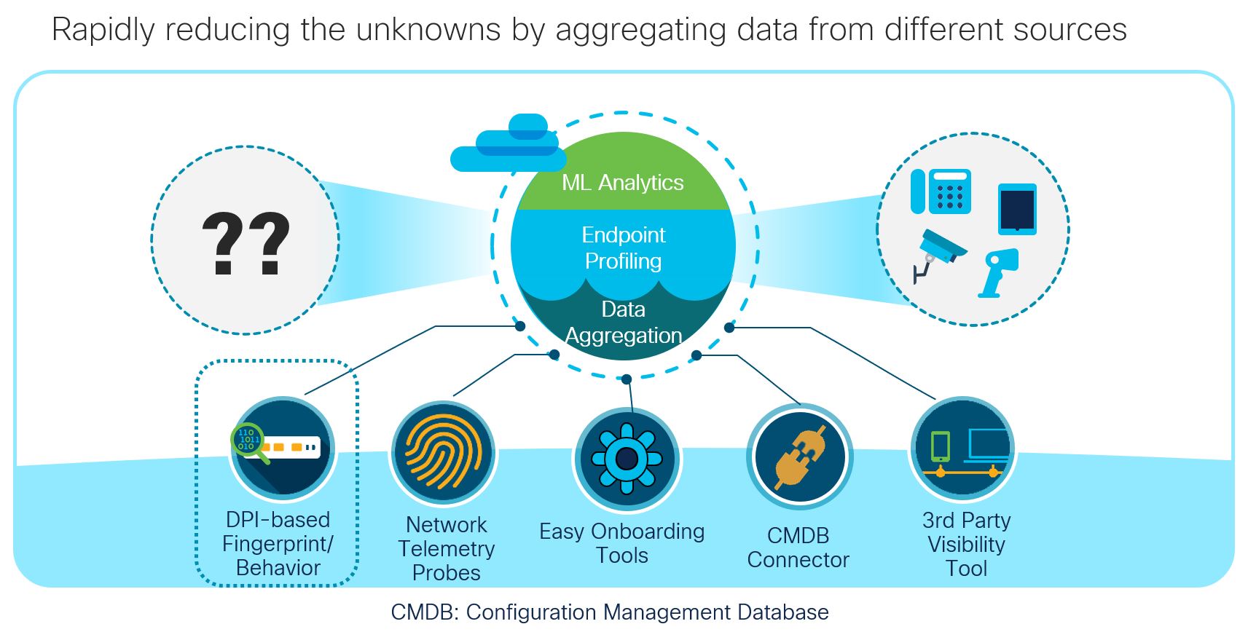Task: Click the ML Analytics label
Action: pyautogui.click(x=622, y=183)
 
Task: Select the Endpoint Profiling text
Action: pyautogui.click(x=623, y=248)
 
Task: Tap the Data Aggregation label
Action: pyautogui.click(x=623, y=323)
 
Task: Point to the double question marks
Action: pyautogui.click(x=246, y=243)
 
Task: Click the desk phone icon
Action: pyautogui.click(x=941, y=191)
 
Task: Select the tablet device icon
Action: pyautogui.click(x=1017, y=209)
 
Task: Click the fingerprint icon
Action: pyautogui.click(x=443, y=451)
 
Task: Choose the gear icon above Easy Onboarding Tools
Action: pyautogui.click(x=627, y=459)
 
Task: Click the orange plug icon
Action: pyautogui.click(x=800, y=457)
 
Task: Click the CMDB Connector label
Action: pyautogui.click(x=798, y=548)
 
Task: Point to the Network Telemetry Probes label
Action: pyautogui.click(x=446, y=548)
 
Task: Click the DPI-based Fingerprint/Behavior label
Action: pyautogui.click(x=278, y=544)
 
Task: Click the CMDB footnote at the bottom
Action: pyautogui.click(x=609, y=612)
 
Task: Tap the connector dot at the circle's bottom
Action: pyautogui.click(x=627, y=379)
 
